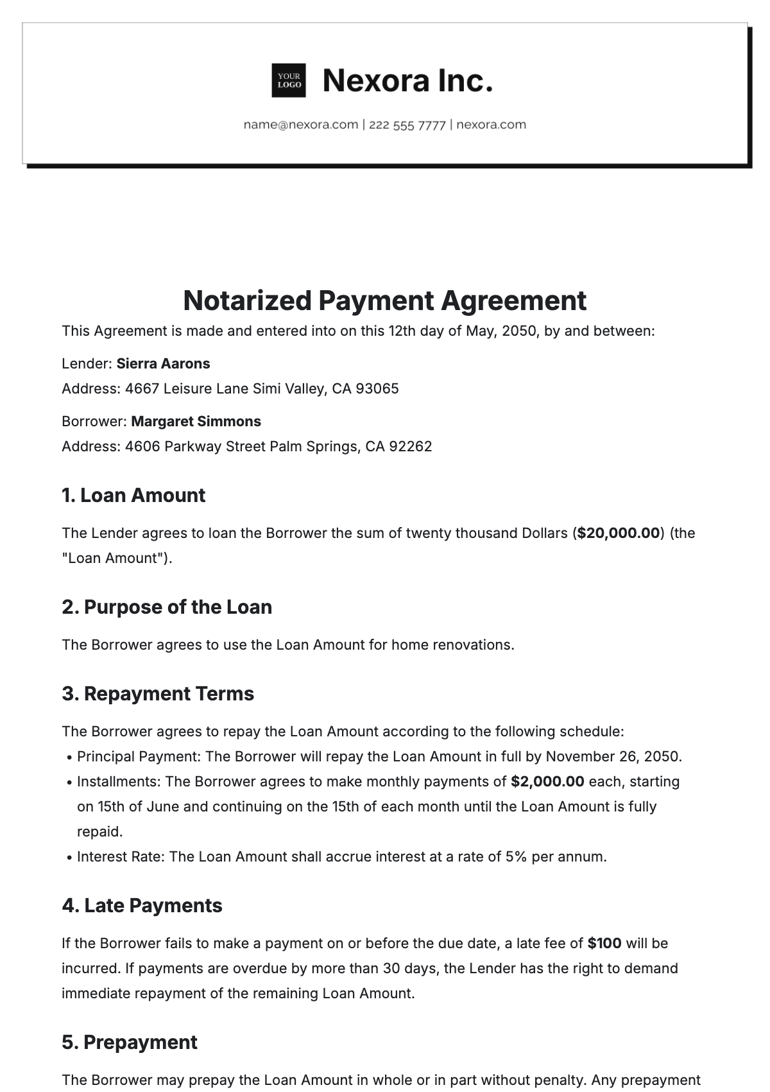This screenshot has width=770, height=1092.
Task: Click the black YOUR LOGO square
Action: point(289,81)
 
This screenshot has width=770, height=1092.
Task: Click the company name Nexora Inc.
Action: point(407,81)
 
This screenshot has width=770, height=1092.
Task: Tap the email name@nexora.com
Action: point(300,125)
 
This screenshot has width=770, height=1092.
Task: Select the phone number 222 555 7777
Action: point(407,125)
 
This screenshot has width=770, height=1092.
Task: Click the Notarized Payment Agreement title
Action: point(384,300)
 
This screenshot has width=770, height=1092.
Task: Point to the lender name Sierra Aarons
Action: point(163,364)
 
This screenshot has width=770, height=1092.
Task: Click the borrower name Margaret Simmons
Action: point(196,422)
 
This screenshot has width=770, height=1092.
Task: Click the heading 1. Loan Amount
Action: point(133,496)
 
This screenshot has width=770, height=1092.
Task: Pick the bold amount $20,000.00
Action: point(619,533)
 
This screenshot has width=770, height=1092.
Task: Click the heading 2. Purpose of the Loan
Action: point(167,607)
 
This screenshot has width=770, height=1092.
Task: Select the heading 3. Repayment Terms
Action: point(158,694)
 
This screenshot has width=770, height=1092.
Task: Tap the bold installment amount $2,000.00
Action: point(547,782)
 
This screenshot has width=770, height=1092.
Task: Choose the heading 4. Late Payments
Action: point(142,906)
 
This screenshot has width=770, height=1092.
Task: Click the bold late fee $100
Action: point(604,944)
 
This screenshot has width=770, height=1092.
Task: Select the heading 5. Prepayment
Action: point(130,1043)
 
